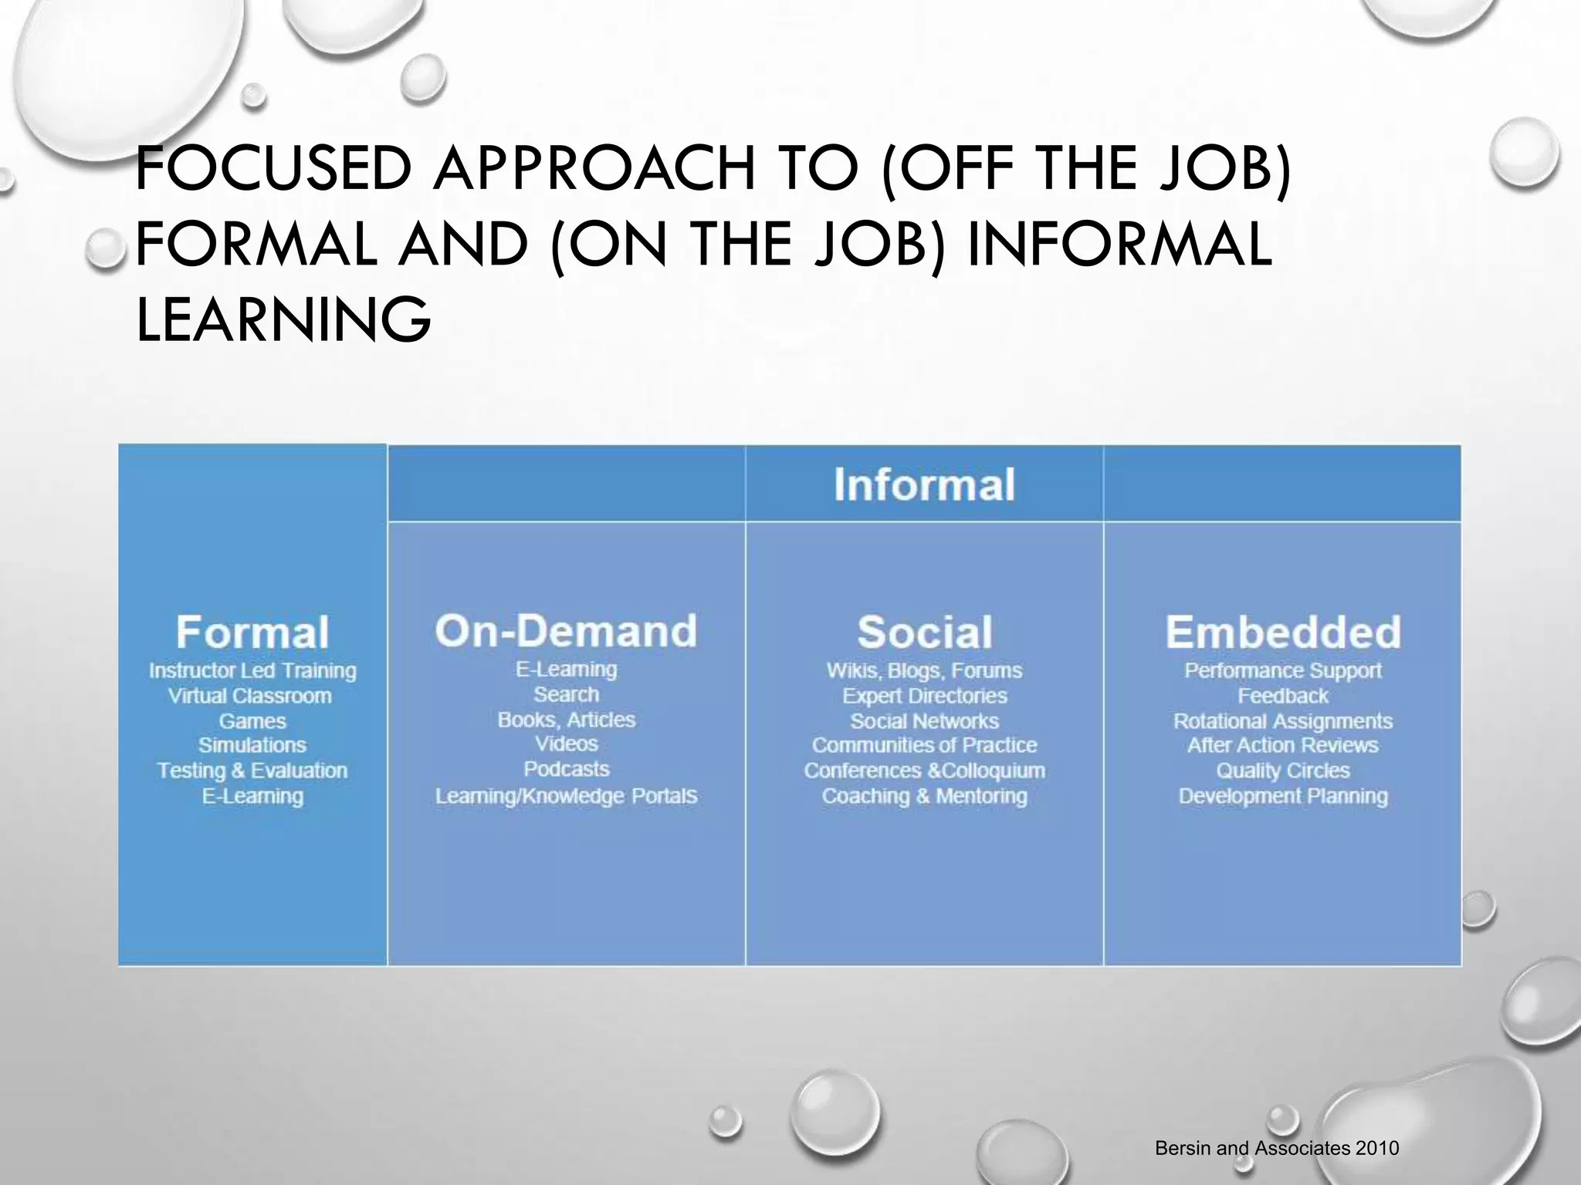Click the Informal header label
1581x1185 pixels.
click(x=924, y=485)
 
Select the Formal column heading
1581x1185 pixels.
click(x=252, y=633)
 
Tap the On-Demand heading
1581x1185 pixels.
click(x=566, y=631)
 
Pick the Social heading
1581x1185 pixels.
click(x=924, y=633)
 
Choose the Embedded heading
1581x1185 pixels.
click(x=1282, y=633)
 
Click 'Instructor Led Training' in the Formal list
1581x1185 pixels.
click(x=252, y=671)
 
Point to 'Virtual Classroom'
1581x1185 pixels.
click(x=250, y=696)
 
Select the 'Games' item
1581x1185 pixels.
click(x=252, y=721)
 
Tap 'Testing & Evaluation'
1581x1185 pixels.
click(x=252, y=771)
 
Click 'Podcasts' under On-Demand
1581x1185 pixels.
click(x=567, y=769)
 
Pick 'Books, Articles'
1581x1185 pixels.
click(x=567, y=720)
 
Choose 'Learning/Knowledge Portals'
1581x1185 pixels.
click(x=567, y=796)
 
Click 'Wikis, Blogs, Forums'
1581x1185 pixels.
click(x=924, y=671)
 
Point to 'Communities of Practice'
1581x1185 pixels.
click(x=924, y=745)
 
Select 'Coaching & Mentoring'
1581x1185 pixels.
click(x=924, y=796)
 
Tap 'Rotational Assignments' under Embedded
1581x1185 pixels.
click(x=1283, y=721)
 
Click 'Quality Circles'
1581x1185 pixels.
click(x=1283, y=771)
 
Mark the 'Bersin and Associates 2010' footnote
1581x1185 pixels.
click(x=1277, y=1149)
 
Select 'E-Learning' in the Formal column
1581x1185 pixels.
click(x=252, y=796)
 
